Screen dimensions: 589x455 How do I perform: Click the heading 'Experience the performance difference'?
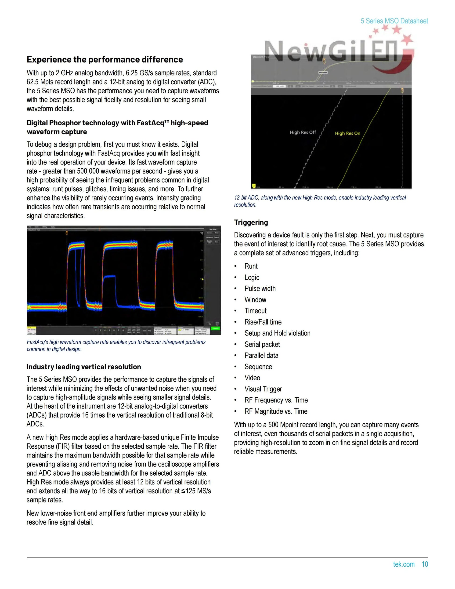[105, 59]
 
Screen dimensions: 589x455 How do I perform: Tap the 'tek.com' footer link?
[404, 564]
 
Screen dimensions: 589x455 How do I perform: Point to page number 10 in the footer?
[425, 564]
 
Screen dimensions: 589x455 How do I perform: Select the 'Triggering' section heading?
[251, 222]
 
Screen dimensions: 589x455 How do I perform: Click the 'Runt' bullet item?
[251, 266]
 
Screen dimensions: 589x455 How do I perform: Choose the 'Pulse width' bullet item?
[260, 289]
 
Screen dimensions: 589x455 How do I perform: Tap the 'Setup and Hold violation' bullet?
[277, 333]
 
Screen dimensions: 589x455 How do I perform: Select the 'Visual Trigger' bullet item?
[263, 389]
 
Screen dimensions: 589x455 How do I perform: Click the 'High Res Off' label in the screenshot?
[303, 132]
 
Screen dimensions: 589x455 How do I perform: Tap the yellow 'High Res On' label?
[347, 133]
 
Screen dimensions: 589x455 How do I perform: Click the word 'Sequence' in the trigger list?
[258, 367]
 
